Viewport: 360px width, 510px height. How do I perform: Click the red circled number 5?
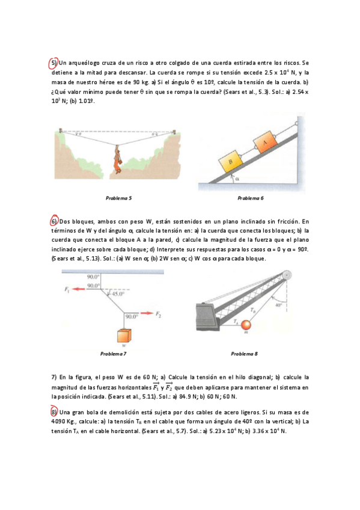click(x=53, y=63)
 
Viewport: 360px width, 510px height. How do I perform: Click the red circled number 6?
click(x=54, y=221)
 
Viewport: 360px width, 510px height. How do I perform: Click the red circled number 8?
click(x=54, y=412)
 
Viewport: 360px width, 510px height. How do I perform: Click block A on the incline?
click(x=264, y=141)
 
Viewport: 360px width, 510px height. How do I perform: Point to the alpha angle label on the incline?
click(x=237, y=179)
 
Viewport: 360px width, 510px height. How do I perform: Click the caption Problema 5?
click(x=118, y=198)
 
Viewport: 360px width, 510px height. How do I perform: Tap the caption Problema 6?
click(x=251, y=198)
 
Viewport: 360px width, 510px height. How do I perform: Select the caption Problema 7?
click(x=113, y=354)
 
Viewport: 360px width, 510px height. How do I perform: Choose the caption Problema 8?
click(x=245, y=354)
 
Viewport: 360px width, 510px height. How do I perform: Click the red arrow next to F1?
click(x=79, y=289)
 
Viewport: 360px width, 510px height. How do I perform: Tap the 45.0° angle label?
click(x=118, y=293)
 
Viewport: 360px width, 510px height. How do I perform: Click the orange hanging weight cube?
click(x=124, y=336)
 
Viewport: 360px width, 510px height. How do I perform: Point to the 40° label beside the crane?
click(x=278, y=305)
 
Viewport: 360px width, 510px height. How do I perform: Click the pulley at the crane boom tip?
click(x=286, y=275)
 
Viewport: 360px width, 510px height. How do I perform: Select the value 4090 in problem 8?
click(x=58, y=422)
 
